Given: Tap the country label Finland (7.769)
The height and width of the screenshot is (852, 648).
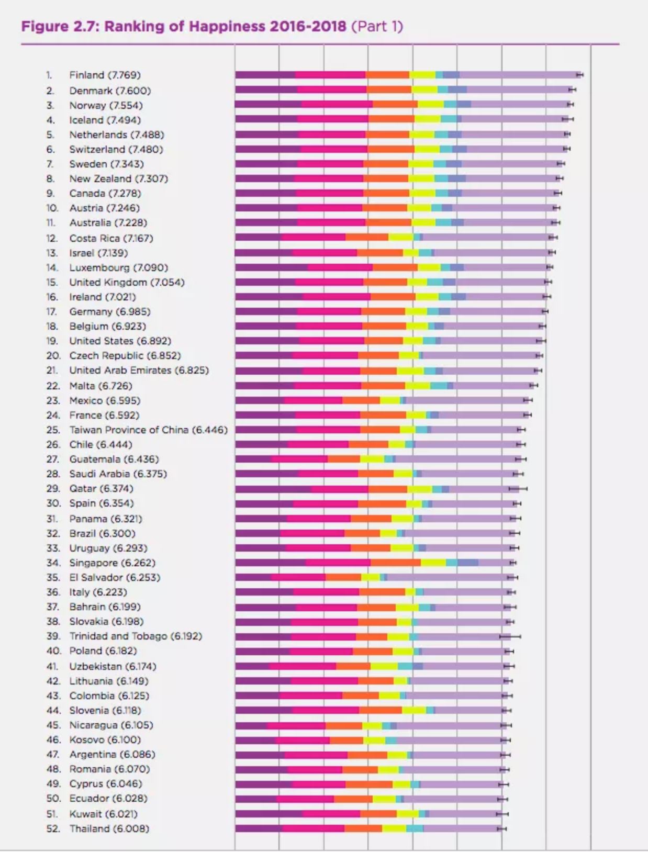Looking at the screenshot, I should pyautogui.click(x=105, y=75).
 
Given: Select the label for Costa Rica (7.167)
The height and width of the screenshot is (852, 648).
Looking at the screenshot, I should pyautogui.click(x=111, y=238).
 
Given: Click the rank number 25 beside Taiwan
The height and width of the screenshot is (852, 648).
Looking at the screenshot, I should pyautogui.click(x=53, y=430).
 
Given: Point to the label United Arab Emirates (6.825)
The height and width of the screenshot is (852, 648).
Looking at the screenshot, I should pyautogui.click(x=139, y=370).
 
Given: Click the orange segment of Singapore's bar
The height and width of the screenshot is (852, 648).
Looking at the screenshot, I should pyautogui.click(x=395, y=563).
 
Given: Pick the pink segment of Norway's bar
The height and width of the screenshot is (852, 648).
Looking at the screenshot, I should pyautogui.click(x=337, y=105).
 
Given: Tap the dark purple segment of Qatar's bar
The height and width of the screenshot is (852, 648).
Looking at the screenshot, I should pyautogui.click(x=273, y=489).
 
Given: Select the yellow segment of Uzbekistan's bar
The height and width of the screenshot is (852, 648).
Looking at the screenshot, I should pyautogui.click(x=384, y=666).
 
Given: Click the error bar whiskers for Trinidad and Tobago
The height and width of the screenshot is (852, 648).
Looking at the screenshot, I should pyautogui.click(x=510, y=636).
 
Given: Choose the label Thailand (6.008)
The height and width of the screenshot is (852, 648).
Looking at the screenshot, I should pyautogui.click(x=109, y=828).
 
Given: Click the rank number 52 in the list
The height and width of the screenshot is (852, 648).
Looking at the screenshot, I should pyautogui.click(x=53, y=828).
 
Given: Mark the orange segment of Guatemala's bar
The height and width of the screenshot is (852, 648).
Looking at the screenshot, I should pyautogui.click(x=343, y=459).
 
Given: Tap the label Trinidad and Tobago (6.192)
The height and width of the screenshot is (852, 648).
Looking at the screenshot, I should pyautogui.click(x=135, y=636).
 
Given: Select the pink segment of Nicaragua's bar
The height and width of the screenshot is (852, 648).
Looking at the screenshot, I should pyautogui.click(x=296, y=725).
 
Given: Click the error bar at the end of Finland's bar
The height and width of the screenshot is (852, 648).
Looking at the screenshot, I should pyautogui.click(x=580, y=75).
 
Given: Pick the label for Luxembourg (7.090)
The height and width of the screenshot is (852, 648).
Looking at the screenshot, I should pyautogui.click(x=118, y=267).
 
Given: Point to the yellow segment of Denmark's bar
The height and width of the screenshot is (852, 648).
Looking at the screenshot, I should pyautogui.click(x=424, y=90).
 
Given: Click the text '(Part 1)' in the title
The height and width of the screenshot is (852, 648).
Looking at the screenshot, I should pyautogui.click(x=377, y=26).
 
